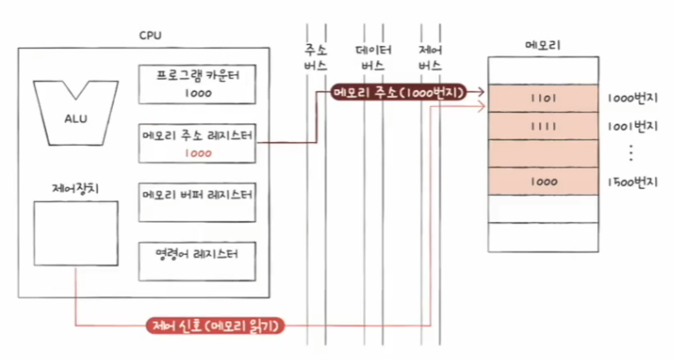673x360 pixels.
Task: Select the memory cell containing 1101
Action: [542, 98]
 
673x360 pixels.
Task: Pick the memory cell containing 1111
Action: [542, 125]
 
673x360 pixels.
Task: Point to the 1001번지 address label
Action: [632, 125]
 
